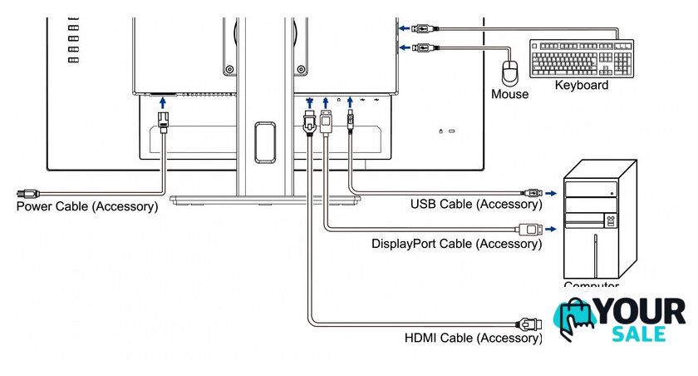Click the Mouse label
(x=509, y=94)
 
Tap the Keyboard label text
(x=582, y=85)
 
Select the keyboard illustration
(x=582, y=58)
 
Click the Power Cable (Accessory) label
(x=87, y=206)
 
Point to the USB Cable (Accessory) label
(x=476, y=204)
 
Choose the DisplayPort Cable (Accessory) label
(x=456, y=244)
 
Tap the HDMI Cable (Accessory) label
(x=473, y=338)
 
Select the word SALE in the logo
(x=638, y=334)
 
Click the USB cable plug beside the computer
(x=533, y=193)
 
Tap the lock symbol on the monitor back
(x=440, y=131)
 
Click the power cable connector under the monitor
(x=163, y=121)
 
